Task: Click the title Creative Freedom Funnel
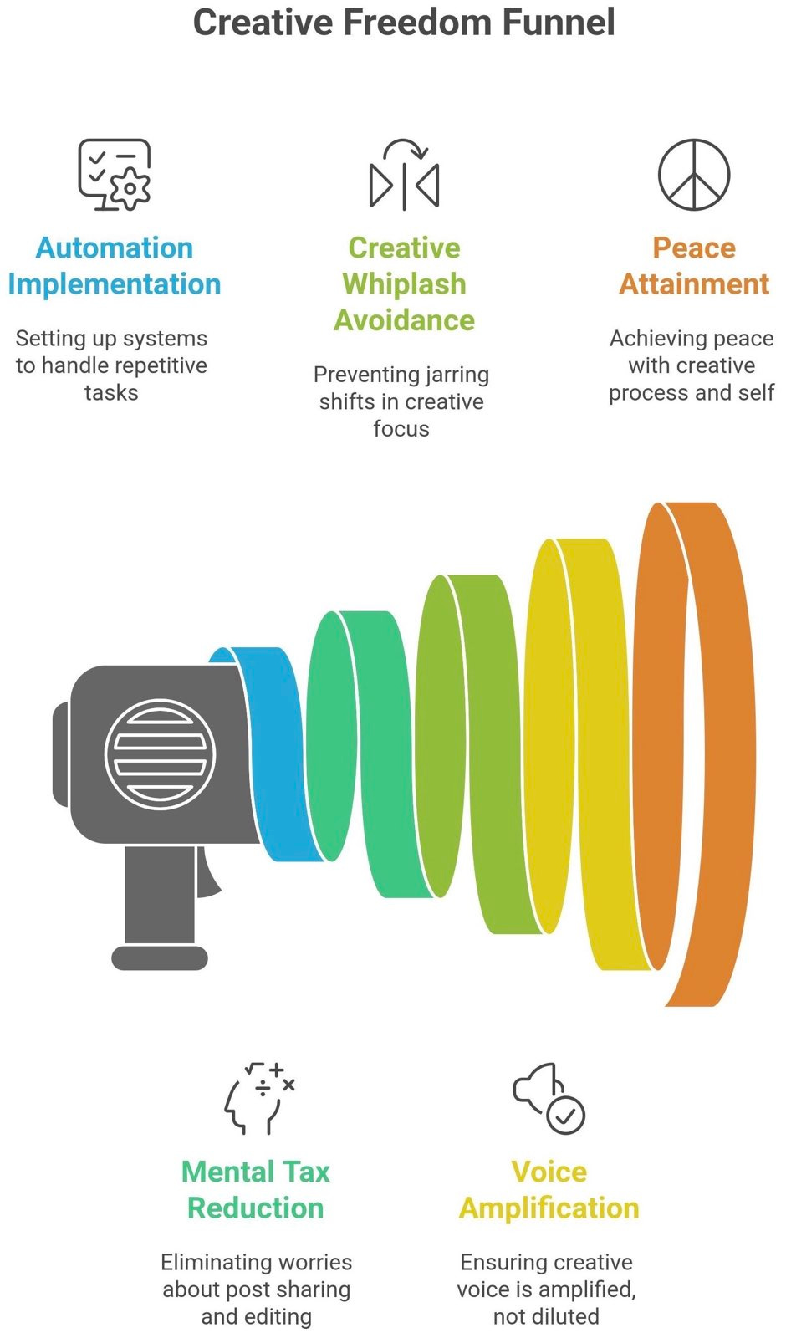404,23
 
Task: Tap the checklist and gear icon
115,175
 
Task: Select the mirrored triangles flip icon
404,175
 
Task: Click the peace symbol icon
693,175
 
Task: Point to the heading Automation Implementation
115,266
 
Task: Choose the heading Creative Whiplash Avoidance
404,283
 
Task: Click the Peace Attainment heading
693,266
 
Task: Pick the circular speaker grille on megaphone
160,753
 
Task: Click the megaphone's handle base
159,958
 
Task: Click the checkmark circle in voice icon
566,1115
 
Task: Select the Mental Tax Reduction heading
256,1190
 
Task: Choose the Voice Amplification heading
549,1190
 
